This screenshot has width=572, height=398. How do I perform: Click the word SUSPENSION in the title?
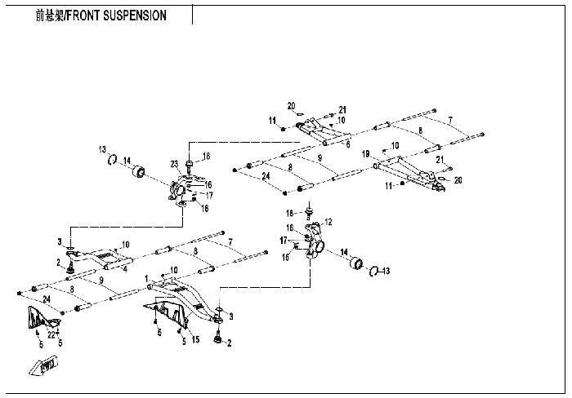click(x=135, y=15)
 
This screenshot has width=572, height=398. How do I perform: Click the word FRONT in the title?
click(x=83, y=15)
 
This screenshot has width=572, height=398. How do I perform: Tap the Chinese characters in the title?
click(x=50, y=15)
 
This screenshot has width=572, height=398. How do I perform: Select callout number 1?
click(x=146, y=279)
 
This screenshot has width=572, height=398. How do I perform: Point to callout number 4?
click(x=125, y=269)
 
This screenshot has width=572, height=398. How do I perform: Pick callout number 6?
click(x=348, y=144)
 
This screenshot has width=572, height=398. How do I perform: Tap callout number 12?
click(x=328, y=221)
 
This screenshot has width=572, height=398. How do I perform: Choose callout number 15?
click(x=196, y=339)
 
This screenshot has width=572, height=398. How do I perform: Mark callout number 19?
click(x=366, y=154)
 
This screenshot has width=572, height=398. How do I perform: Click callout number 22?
click(x=51, y=334)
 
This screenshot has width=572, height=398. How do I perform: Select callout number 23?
click(x=174, y=164)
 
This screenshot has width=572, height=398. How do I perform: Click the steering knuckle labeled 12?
click(x=315, y=241)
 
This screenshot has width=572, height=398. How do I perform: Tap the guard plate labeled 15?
click(x=167, y=313)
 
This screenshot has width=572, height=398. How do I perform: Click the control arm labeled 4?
click(x=99, y=259)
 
